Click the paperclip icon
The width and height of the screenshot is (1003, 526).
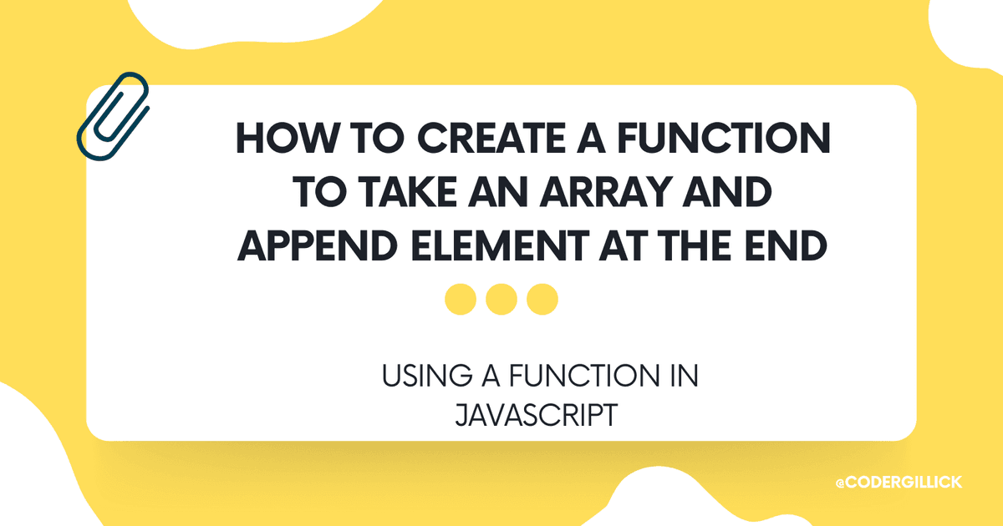(x=113, y=116)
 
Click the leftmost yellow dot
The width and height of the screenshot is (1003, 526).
(x=461, y=299)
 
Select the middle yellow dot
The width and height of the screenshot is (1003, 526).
(x=501, y=299)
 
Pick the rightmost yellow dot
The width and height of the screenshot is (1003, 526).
(x=542, y=299)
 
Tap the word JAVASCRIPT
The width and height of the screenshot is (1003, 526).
(x=534, y=414)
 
